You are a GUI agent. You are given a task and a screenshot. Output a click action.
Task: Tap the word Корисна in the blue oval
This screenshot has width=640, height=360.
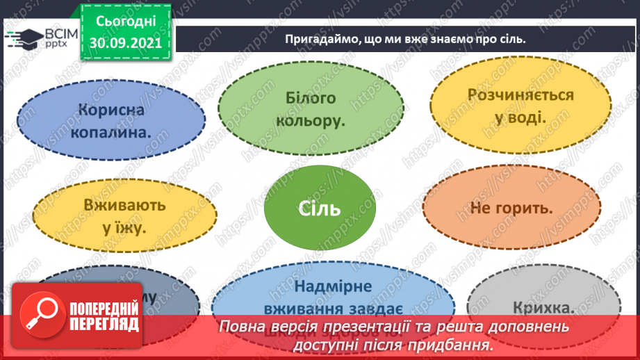111,110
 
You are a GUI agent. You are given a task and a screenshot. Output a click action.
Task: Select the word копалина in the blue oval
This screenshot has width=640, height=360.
111,131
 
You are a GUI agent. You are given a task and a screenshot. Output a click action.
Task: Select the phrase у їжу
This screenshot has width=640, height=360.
124,226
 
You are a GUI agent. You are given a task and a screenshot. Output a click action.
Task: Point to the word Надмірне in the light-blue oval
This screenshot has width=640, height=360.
333,286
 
